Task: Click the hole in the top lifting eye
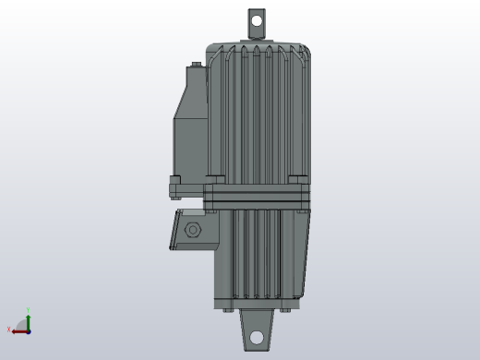pyautogui.click(x=256, y=18)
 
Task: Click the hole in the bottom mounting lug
pyautogui.click(x=257, y=337)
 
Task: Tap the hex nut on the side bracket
pyautogui.click(x=193, y=230)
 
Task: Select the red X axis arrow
pyautogui.click(x=18, y=330)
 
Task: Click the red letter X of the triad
pyautogui.click(x=9, y=330)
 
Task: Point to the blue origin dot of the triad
pyautogui.click(x=29, y=330)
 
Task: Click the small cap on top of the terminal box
pyautogui.click(x=195, y=66)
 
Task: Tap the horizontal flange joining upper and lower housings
pyautogui.click(x=258, y=196)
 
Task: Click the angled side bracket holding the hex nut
pyautogui.click(x=180, y=231)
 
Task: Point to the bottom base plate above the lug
pyautogui.click(x=258, y=304)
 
